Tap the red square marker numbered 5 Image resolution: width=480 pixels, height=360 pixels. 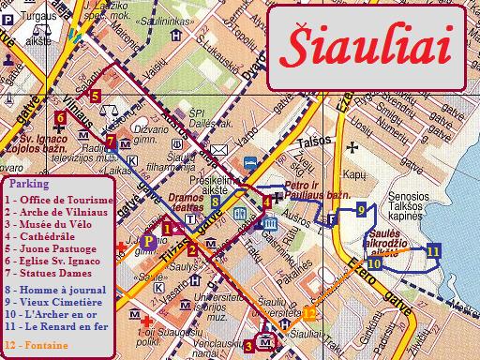click(95, 95)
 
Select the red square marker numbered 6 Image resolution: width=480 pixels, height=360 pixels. click(59, 117)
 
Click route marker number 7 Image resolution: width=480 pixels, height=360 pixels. click(111, 142)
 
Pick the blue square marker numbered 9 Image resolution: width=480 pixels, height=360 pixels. click(360, 211)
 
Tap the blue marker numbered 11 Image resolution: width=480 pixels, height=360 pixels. click(432, 250)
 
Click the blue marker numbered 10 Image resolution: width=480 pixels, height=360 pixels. click(374, 264)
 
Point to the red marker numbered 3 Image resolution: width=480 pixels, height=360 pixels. click(248, 346)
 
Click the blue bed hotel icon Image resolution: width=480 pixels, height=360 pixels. click(250, 162)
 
